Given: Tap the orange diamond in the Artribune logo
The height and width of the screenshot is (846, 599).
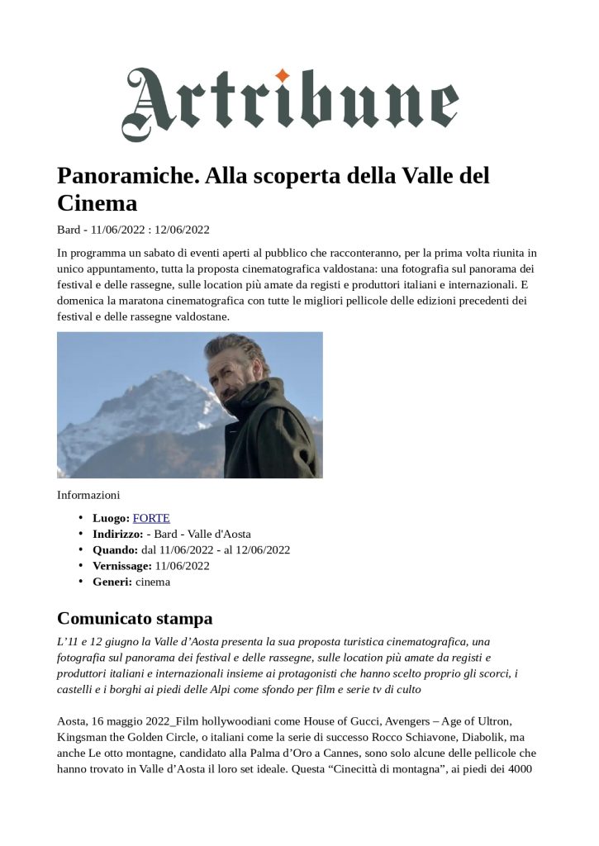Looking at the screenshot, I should tap(283, 76).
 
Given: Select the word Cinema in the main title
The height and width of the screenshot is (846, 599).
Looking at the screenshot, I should tap(97, 203).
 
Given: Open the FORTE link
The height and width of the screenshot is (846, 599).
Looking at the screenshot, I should tap(151, 518).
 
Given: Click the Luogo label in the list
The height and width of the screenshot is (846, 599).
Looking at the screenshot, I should tap(111, 518).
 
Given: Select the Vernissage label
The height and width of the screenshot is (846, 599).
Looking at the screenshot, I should tap(122, 566).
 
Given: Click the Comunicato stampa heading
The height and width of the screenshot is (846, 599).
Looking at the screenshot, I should tap(135, 618).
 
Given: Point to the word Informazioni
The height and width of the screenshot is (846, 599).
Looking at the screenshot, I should tap(88, 495).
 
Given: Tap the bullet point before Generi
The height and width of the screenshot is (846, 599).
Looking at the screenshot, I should tap(81, 582).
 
